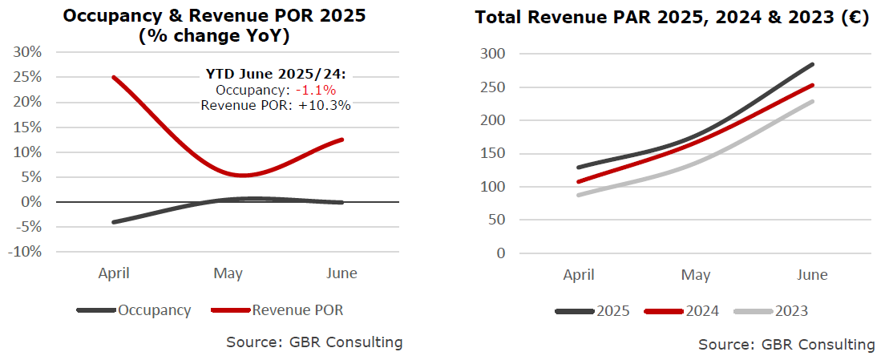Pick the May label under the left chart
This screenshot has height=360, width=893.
click(228, 273)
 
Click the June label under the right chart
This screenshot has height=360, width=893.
click(812, 275)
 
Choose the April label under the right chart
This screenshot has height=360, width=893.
click(579, 275)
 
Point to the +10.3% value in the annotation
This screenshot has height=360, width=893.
click(325, 104)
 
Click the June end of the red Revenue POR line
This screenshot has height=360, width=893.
click(342, 140)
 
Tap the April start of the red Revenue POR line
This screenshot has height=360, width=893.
click(114, 77)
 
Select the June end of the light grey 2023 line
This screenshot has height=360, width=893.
click(812, 101)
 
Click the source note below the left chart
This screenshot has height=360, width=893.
click(314, 342)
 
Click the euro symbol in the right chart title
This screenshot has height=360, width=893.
click(857, 18)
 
